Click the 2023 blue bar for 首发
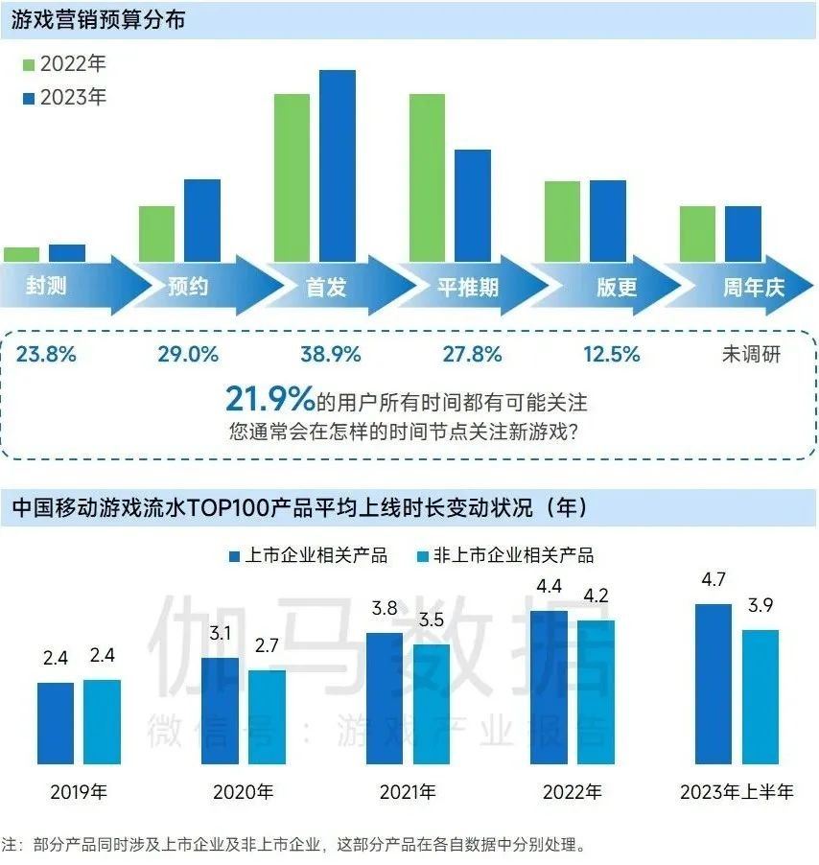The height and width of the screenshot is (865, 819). (x=338, y=166)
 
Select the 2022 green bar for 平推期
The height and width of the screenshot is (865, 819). (x=427, y=177)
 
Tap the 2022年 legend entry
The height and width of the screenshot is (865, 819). (x=63, y=66)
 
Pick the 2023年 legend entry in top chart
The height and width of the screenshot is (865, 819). (x=63, y=97)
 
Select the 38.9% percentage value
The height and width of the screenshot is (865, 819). (x=331, y=354)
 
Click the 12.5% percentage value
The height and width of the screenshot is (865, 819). (x=611, y=354)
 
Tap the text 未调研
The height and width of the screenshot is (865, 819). (x=751, y=354)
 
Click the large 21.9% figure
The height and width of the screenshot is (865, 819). (x=269, y=397)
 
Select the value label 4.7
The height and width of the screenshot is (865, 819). (x=713, y=579)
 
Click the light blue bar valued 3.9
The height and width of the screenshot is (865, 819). (x=760, y=696)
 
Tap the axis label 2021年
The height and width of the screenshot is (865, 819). (x=408, y=793)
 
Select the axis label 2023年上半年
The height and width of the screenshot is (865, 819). (x=737, y=793)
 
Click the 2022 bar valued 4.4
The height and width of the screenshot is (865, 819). (x=549, y=687)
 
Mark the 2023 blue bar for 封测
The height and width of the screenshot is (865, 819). (x=67, y=253)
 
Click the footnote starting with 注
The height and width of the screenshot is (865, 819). (x=292, y=845)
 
